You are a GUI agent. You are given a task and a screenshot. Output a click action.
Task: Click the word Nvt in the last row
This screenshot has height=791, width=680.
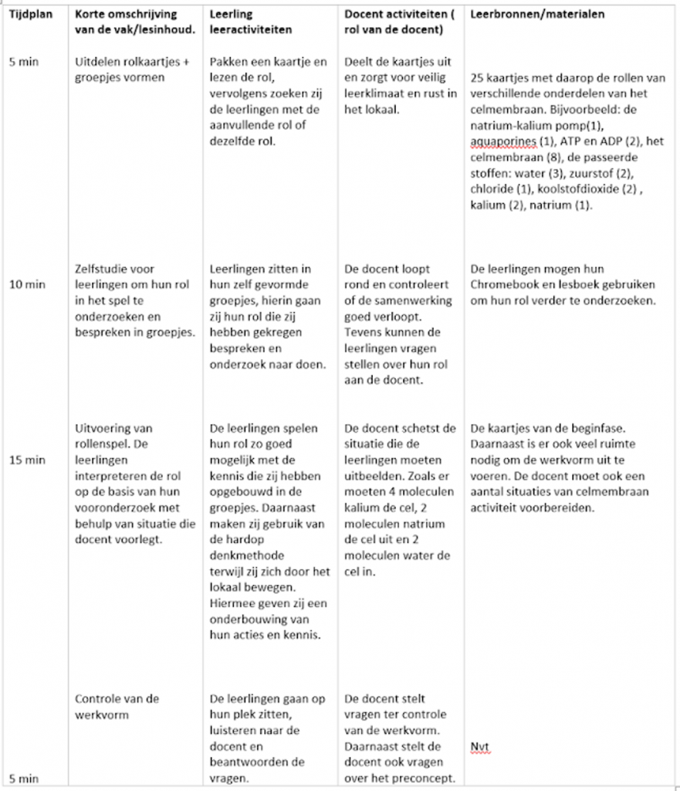[x=479, y=746]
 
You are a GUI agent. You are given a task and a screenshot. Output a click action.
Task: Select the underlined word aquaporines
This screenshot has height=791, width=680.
[x=502, y=141]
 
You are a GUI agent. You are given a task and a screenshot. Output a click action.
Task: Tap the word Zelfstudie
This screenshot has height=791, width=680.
[x=101, y=270]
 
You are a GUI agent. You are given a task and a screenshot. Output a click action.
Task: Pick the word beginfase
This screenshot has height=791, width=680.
[x=581, y=428]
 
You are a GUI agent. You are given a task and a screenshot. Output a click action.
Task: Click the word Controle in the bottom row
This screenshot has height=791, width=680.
[x=100, y=698]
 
